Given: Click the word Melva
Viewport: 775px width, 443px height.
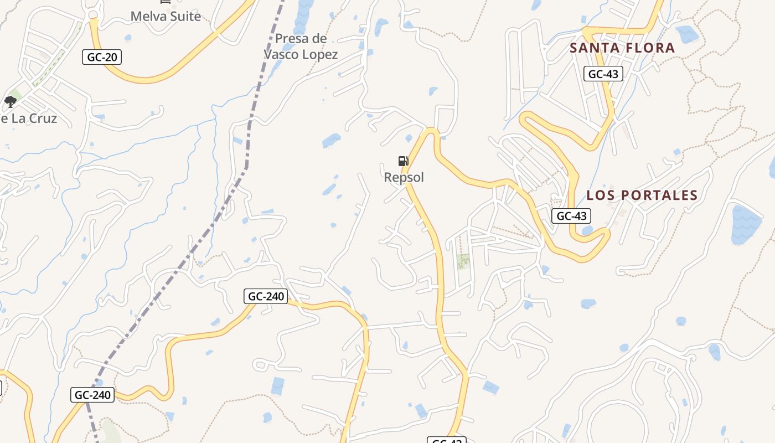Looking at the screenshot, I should (x=148, y=16).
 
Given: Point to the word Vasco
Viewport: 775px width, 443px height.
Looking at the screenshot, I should (x=281, y=54).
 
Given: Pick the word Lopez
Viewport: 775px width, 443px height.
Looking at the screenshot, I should (x=319, y=54).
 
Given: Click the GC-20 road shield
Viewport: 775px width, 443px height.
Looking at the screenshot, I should (x=101, y=56).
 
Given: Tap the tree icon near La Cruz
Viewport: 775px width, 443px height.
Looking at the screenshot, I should (x=10, y=102).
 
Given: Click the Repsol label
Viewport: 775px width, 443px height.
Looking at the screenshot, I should (x=404, y=177).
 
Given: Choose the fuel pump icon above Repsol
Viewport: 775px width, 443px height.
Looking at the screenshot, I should (x=403, y=161).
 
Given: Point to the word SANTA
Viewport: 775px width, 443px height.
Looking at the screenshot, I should (x=595, y=48).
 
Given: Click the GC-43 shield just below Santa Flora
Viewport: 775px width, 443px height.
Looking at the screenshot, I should (x=603, y=74).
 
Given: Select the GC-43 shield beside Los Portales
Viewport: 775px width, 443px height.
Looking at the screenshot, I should (x=571, y=215).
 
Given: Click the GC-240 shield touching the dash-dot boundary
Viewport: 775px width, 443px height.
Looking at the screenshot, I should (x=92, y=395).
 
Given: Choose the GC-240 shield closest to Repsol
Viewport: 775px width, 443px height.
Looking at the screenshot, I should (x=266, y=296).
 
